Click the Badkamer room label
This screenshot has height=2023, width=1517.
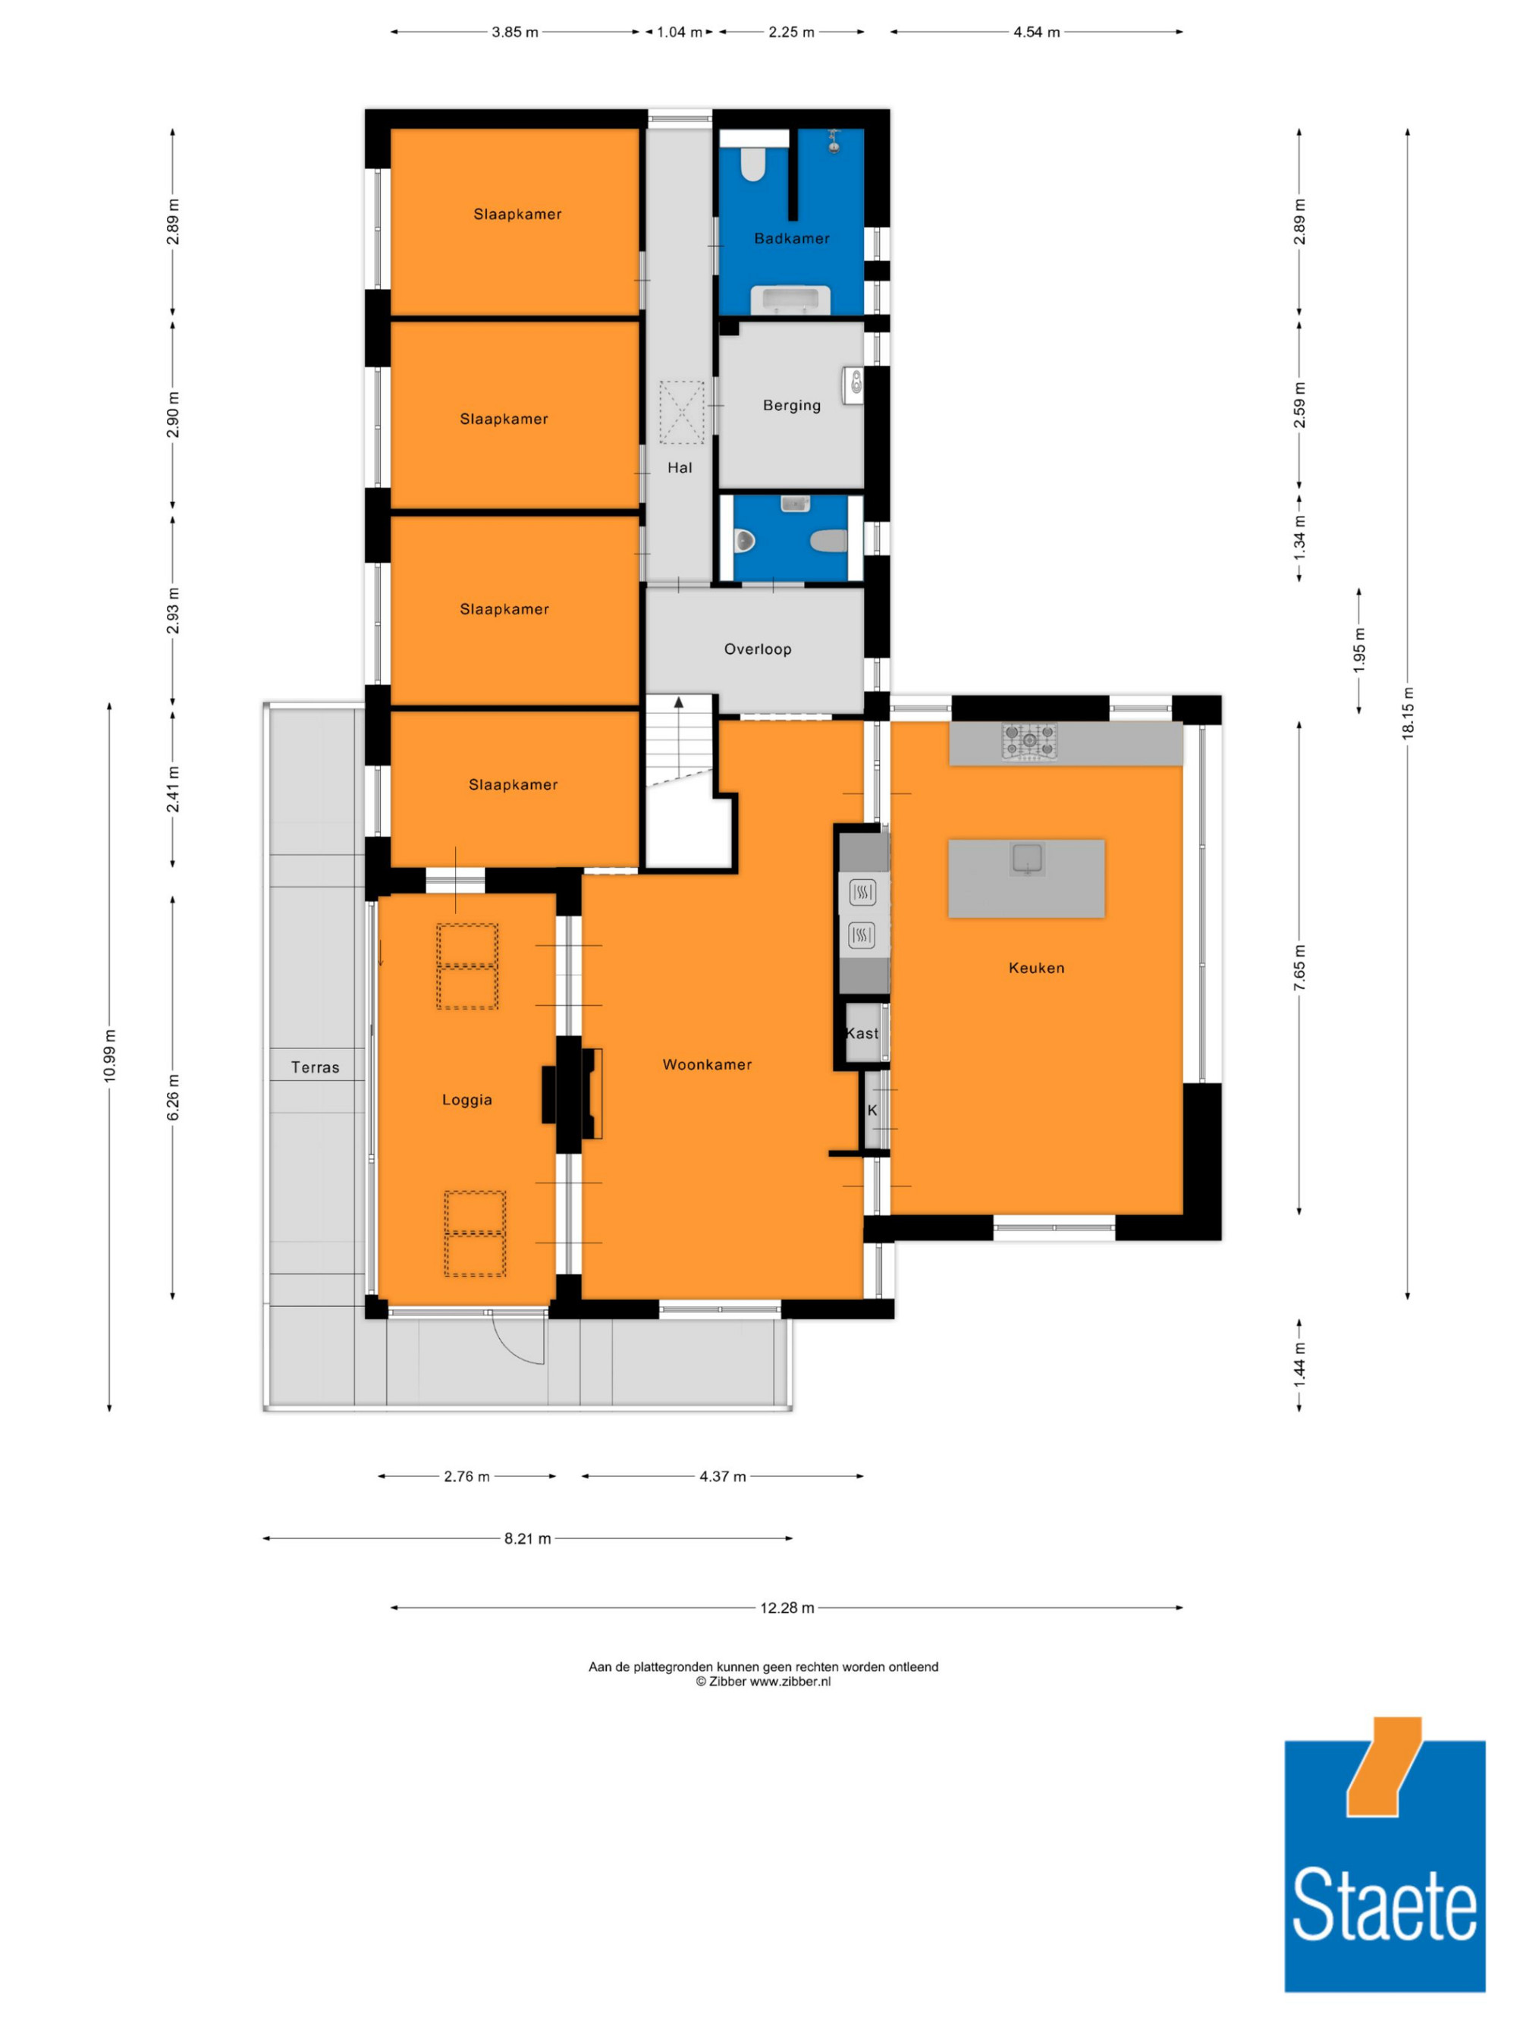[792, 239]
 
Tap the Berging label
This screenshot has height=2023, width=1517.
[792, 405]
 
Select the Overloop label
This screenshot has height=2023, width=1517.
[757, 649]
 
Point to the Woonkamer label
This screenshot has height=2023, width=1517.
[707, 1064]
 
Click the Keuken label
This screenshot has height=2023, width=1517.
[1036, 968]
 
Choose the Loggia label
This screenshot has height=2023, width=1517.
[467, 1100]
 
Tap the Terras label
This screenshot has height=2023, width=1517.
[316, 1067]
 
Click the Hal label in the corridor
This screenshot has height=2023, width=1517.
[680, 467]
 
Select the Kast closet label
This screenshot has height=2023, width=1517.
[862, 1033]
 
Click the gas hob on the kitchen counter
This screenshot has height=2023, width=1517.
[1029, 741]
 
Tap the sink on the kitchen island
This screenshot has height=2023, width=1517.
[1028, 859]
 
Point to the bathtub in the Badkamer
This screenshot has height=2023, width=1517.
[790, 300]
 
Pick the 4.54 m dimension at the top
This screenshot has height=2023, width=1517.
[1036, 32]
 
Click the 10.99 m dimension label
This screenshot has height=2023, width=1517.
[110, 1057]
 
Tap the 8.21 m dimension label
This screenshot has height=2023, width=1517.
[528, 1538]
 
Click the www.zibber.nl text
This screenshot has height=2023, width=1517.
[790, 1681]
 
